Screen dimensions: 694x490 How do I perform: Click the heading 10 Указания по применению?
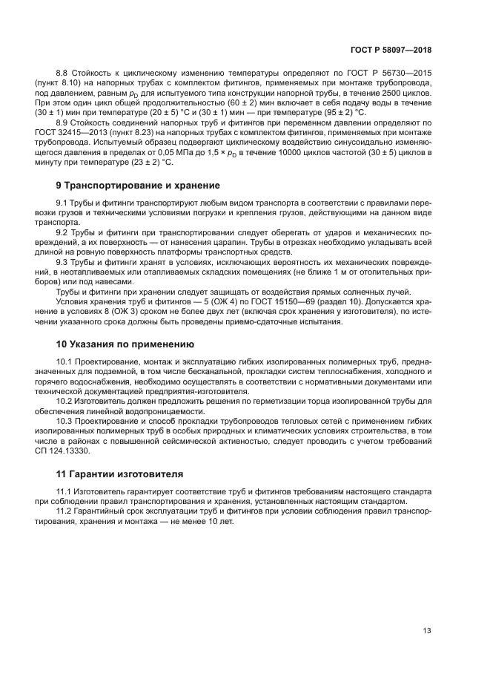[125, 344]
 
